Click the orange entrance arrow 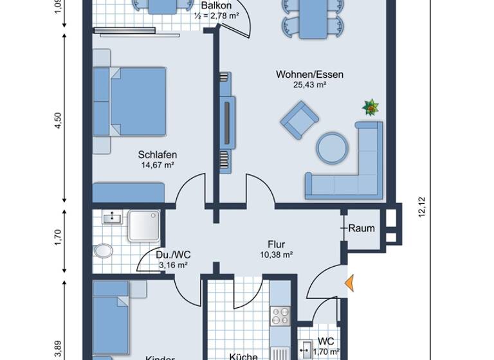(x=350, y=283)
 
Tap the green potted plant (x=370, y=107)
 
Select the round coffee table (x=333, y=147)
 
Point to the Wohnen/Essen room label (x=309, y=75)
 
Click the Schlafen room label (x=157, y=155)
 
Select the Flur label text (x=277, y=244)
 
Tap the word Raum (x=361, y=228)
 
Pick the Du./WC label (x=173, y=255)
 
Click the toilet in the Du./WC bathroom (x=102, y=249)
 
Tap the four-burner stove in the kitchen (x=281, y=316)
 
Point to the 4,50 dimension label (x=58, y=120)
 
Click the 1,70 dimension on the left (x=58, y=237)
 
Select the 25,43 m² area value (x=309, y=85)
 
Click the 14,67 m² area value (x=157, y=165)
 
